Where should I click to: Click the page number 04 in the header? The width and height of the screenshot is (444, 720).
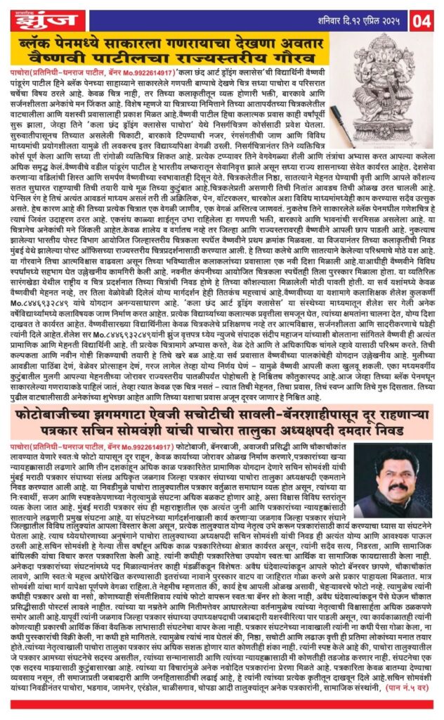tap(426, 19)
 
